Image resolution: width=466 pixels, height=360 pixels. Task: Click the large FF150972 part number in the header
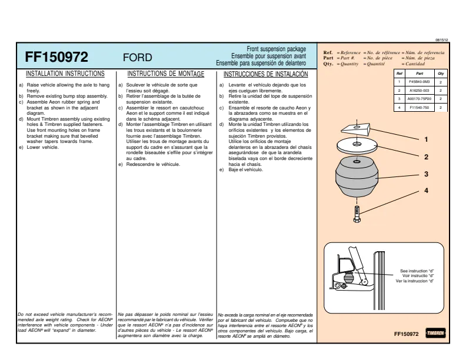point(56,57)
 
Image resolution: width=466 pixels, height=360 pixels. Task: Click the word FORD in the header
point(137,57)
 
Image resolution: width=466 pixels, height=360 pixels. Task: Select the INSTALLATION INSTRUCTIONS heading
point(65,74)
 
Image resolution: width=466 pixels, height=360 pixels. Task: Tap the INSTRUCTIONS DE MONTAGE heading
point(166,74)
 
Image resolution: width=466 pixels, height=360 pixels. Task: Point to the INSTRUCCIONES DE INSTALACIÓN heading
point(266,74)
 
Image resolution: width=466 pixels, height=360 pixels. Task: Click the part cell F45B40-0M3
point(420,82)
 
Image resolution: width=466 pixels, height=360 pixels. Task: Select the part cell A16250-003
point(420,91)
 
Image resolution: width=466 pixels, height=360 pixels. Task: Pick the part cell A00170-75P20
point(420,99)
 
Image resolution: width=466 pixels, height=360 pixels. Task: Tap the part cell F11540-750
point(420,108)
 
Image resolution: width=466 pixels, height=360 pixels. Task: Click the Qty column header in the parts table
point(441,74)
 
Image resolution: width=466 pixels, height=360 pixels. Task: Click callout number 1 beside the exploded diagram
point(426,139)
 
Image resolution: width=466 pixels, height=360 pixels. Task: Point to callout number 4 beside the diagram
point(426,191)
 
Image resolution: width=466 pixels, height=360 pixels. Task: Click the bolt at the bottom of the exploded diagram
point(357,214)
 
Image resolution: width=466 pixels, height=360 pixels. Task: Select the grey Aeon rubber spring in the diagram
point(357,177)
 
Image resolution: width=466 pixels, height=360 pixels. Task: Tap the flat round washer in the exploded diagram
point(357,145)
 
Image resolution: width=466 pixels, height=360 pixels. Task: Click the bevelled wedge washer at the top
point(356,129)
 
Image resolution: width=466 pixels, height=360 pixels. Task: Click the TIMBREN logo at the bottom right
point(435,333)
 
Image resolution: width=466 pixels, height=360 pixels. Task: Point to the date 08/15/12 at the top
point(442,40)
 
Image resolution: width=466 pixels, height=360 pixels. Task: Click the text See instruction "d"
point(417,271)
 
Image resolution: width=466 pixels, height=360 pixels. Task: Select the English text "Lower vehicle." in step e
point(43,147)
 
